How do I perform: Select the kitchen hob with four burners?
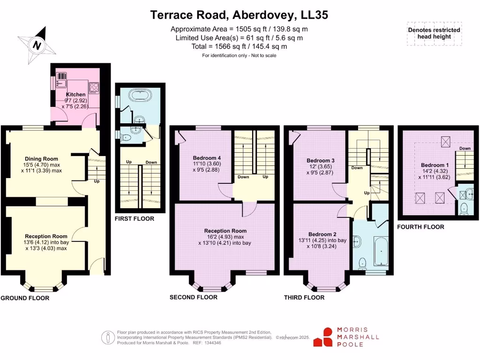94,86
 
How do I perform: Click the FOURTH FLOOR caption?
420,227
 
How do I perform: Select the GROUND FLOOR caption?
25,298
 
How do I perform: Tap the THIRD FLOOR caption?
304,297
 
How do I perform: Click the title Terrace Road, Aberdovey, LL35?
239,15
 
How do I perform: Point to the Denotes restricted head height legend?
434,33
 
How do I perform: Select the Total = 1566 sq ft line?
239,46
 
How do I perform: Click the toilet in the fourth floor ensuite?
464,208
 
